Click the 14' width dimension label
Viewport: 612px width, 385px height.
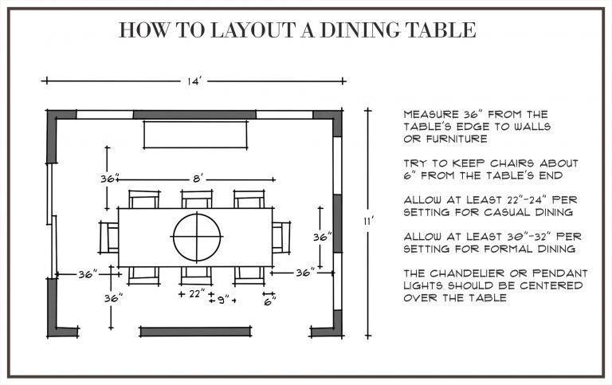194,80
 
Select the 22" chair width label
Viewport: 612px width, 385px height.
195,294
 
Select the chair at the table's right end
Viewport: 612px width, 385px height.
280,237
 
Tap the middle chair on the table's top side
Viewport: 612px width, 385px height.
195,199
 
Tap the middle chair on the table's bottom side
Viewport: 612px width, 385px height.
195,274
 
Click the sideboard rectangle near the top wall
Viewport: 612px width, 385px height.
195,135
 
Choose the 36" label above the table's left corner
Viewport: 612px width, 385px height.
110,179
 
